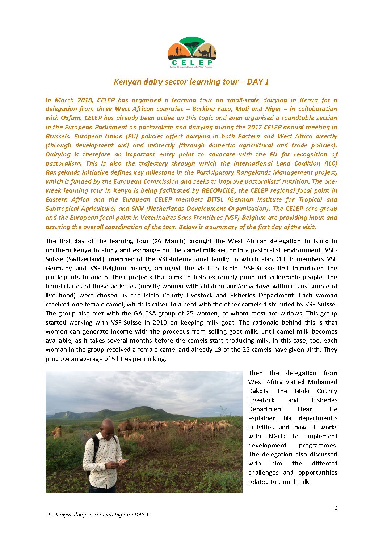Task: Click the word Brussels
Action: [58, 136]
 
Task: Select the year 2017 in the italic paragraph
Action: [255, 127]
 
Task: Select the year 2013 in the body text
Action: [160, 322]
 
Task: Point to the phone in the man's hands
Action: [123, 461]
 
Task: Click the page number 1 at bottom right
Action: [336, 508]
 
